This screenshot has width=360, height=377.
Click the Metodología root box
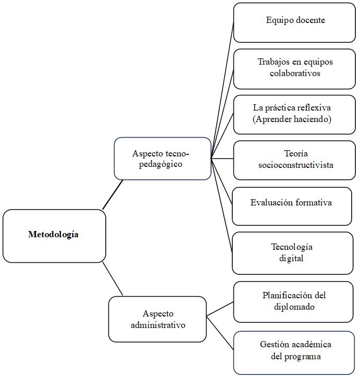pos(54,235)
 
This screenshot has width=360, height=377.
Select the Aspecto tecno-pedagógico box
pos(162,159)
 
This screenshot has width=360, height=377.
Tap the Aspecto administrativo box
pos(157,319)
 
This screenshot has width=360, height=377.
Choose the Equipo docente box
pos(295,22)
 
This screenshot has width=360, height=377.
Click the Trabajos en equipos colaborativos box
pos(295,68)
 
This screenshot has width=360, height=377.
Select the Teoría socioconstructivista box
pos(295,160)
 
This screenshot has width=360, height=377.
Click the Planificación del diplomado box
pos(294,301)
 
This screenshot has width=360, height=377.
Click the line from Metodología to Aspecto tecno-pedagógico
pos(113,194)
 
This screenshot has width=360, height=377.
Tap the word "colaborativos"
pos(295,74)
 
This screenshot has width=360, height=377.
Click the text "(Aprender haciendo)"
pos(292,119)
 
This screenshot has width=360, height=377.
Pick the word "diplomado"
pos(294,307)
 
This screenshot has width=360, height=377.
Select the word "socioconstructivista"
pos(295,165)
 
